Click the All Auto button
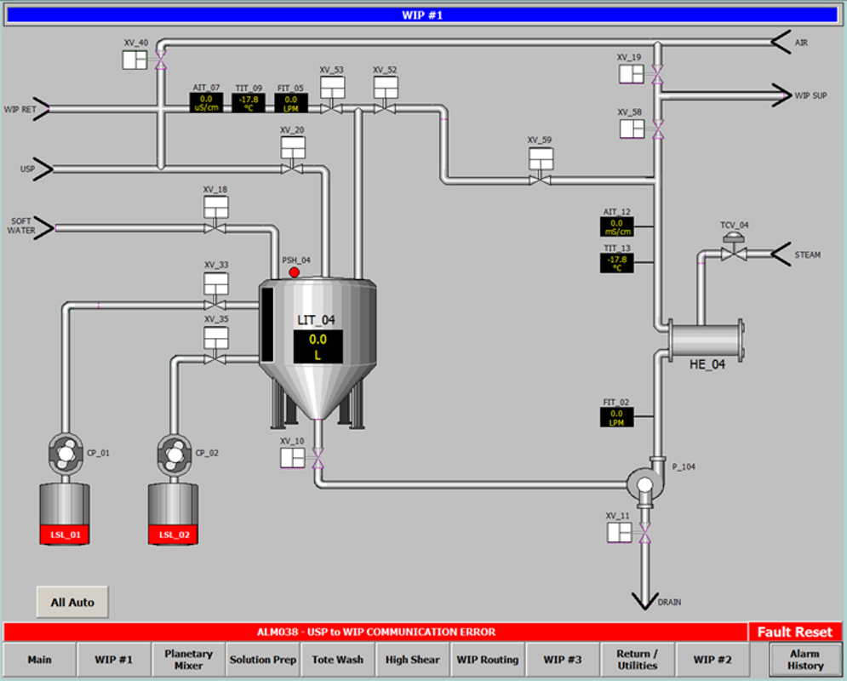(x=72, y=602)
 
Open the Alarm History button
(x=804, y=660)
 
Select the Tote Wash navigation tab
(x=337, y=660)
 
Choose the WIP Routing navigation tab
(x=487, y=660)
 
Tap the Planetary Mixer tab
(x=188, y=660)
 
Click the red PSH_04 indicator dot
(x=295, y=272)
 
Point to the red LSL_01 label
(x=65, y=535)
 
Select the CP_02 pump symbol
(x=173, y=454)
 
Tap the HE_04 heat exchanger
(x=705, y=339)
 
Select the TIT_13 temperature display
(x=616, y=262)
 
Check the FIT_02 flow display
(x=616, y=417)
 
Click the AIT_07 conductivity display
(x=206, y=103)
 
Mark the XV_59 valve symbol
(x=539, y=179)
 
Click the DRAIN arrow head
(x=644, y=600)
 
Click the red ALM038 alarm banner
(x=375, y=632)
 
